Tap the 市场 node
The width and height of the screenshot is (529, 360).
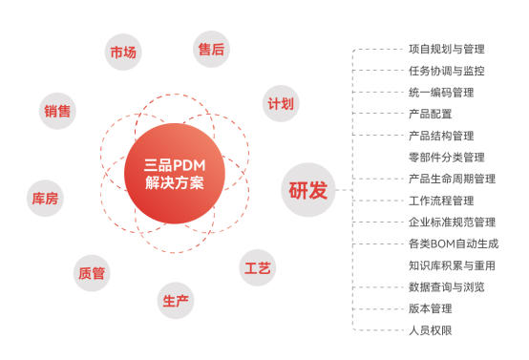tap(123, 52)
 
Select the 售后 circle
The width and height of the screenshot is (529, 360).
tap(211, 49)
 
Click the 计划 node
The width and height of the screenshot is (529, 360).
tap(281, 103)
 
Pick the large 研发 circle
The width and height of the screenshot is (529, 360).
tap(308, 189)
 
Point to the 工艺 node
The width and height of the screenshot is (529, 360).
tap(258, 267)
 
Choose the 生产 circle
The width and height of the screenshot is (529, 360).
tap(176, 300)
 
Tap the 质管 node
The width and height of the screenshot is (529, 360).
tap(92, 273)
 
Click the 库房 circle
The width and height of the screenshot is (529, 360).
tap(44, 199)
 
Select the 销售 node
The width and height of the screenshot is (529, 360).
tap(57, 111)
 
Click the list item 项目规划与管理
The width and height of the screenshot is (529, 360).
tap(446, 48)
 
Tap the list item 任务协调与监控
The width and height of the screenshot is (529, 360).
tap(446, 70)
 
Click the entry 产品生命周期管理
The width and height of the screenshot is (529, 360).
tap(452, 178)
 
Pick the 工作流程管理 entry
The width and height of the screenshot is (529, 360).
tap(440, 200)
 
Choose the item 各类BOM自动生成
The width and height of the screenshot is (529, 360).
tap(453, 244)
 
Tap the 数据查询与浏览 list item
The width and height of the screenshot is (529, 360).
tap(446, 286)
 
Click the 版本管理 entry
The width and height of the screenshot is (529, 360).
tap(429, 308)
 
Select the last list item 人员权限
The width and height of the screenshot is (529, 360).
tap(429, 329)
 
